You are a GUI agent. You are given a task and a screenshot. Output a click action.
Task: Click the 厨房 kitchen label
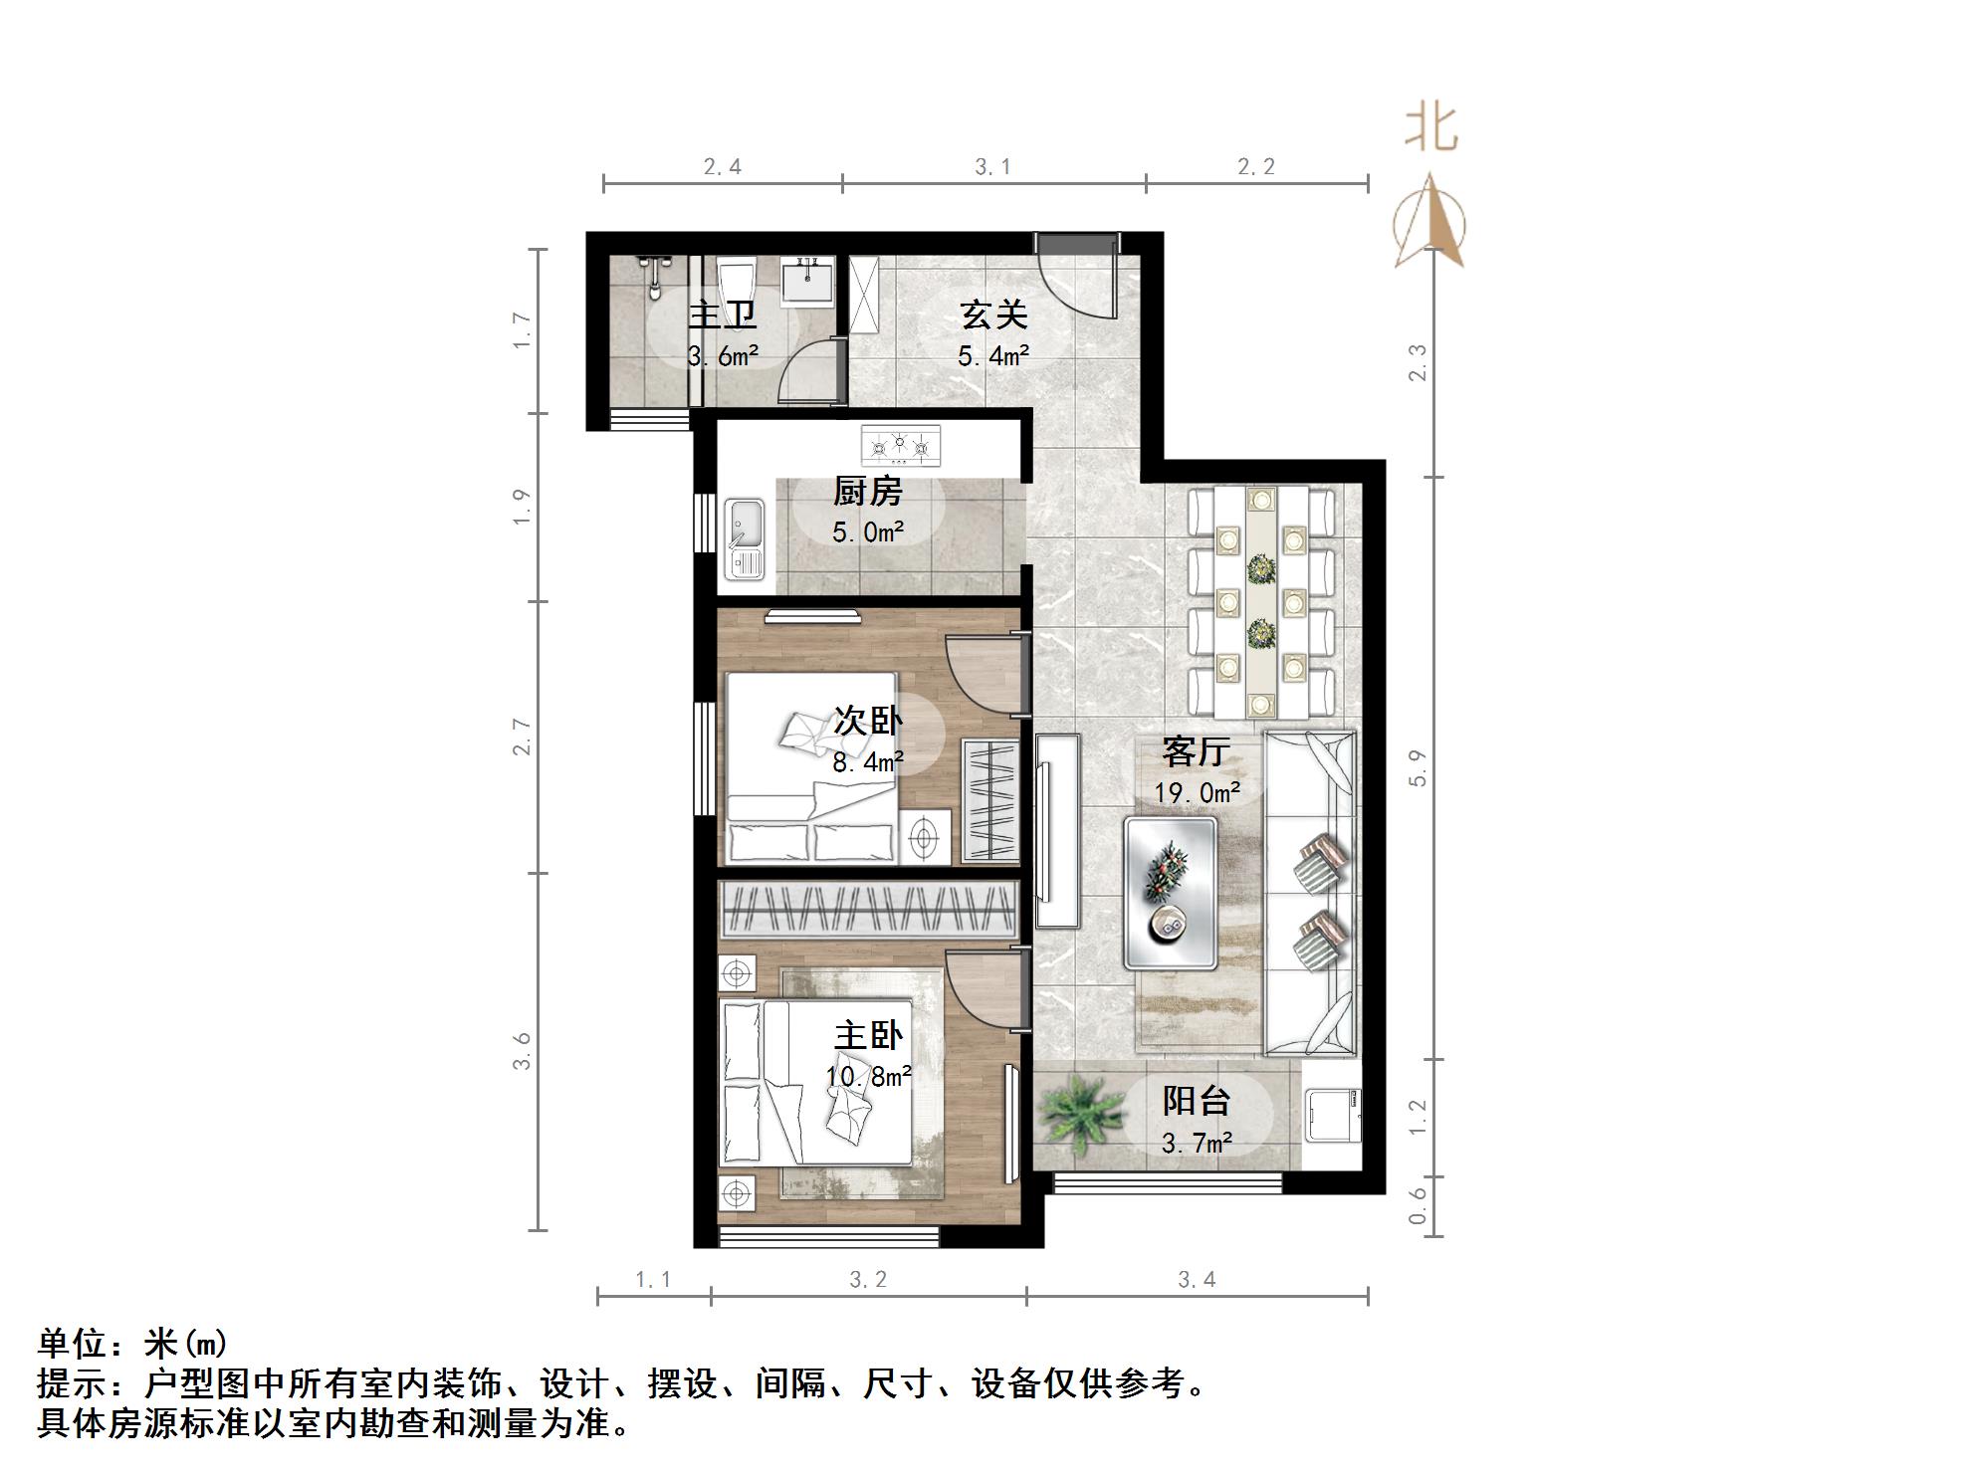pos(867,492)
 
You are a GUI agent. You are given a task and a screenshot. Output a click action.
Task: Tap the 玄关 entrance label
pos(992,316)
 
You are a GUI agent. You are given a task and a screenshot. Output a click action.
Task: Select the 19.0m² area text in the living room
pos(1197,792)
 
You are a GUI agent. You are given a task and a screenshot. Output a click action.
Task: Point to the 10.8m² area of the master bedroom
pos(868,1076)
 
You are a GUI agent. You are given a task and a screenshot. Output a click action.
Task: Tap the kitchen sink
pos(744,537)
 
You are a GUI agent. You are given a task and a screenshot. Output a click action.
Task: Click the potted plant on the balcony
pos(1077,1112)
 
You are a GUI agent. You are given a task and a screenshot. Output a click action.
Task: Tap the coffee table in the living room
pos(1171,892)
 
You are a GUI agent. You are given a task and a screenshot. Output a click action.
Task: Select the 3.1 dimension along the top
pos(992,166)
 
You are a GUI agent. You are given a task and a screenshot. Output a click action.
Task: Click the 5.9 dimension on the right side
pos(1418,767)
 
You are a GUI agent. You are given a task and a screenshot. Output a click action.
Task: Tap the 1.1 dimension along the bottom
pos(653,1279)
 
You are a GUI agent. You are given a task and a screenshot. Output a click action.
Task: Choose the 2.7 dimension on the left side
pos(523,737)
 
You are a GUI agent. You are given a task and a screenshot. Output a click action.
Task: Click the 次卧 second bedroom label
pos(867,721)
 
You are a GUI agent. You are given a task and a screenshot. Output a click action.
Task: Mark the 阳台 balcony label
pos(1197,1101)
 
